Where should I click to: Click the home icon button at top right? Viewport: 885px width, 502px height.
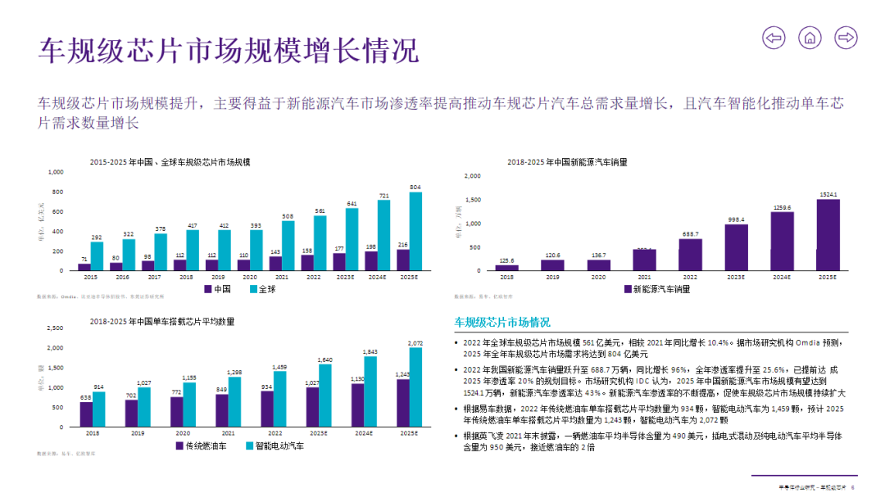point(810,37)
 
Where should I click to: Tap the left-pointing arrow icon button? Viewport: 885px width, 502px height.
point(774,37)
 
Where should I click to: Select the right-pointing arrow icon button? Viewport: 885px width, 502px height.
point(846,37)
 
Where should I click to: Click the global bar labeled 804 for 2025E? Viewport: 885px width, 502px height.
point(415,232)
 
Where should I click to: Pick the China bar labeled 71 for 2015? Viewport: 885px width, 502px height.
point(84,267)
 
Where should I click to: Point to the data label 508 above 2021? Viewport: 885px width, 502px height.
point(288,216)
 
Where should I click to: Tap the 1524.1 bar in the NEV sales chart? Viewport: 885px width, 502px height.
point(828,235)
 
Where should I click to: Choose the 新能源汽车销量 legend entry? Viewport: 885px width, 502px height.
point(656,289)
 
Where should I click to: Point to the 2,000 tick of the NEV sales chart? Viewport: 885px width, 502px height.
point(472,176)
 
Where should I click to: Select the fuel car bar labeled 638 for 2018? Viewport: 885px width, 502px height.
point(85,414)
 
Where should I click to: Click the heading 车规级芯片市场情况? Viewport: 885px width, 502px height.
point(502,323)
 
